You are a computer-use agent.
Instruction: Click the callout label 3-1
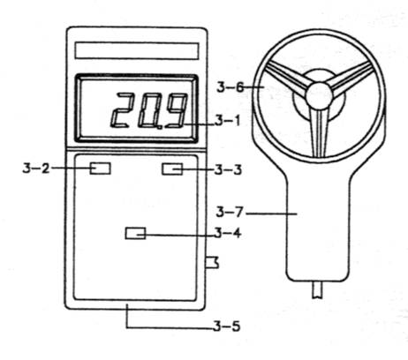(x=228, y=121)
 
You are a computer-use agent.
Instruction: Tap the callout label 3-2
(x=35, y=169)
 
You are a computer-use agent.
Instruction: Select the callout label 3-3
(x=228, y=170)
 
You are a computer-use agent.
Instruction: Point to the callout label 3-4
(x=228, y=233)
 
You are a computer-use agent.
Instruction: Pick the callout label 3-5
(x=227, y=326)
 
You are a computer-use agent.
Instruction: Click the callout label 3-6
(x=230, y=87)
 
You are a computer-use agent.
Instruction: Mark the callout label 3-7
(x=230, y=212)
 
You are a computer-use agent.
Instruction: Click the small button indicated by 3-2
(x=100, y=169)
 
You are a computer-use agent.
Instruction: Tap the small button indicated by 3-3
(x=172, y=169)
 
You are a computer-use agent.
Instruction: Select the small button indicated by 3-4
(x=135, y=233)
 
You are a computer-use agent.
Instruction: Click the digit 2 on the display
(x=122, y=110)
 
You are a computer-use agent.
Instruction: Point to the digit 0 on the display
(x=149, y=110)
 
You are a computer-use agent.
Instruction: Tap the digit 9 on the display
(x=176, y=111)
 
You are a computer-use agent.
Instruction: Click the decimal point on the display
(x=160, y=128)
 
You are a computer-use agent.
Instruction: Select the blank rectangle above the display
(x=137, y=51)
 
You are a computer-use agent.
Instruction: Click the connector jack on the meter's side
(x=212, y=262)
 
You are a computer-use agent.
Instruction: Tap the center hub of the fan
(x=319, y=96)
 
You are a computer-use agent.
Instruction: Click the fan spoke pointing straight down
(x=319, y=133)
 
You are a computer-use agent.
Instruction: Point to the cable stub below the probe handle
(x=318, y=289)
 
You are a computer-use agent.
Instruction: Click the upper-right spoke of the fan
(x=351, y=78)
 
